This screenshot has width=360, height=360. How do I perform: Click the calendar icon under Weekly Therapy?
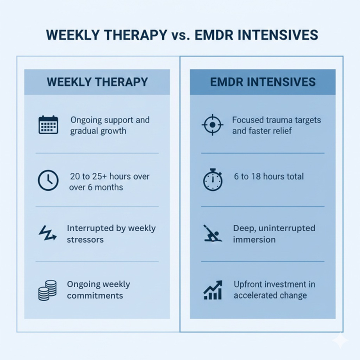coord(48,124)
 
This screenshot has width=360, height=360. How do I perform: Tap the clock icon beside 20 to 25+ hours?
coord(48,180)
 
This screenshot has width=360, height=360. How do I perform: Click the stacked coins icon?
coord(47,290)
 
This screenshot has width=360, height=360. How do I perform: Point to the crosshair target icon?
coord(212,124)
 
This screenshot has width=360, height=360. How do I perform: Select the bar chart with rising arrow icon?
coord(212,290)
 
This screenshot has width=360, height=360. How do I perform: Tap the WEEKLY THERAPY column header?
coord(97,82)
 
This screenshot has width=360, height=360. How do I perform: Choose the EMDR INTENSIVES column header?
coord(262,82)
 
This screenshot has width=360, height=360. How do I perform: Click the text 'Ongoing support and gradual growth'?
coord(109,125)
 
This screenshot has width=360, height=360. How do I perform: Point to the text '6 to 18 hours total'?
coord(268,176)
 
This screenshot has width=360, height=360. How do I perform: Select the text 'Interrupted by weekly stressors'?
coord(111,233)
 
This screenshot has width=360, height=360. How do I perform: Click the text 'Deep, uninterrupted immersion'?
coord(274,233)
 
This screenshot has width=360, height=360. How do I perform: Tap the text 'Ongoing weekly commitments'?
coord(98,289)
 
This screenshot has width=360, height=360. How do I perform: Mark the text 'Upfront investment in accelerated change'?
coord(274,289)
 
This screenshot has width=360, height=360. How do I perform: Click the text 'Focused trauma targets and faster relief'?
coord(276,125)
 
